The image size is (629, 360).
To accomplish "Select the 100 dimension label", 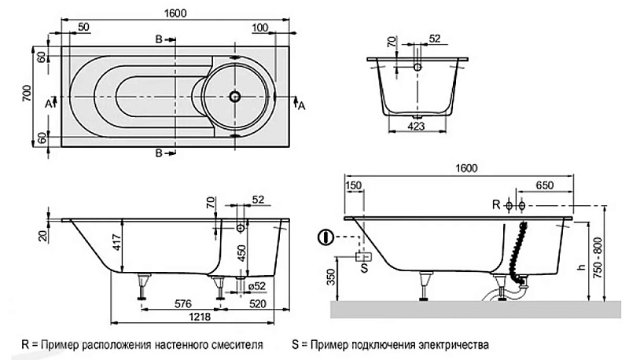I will click(258, 27).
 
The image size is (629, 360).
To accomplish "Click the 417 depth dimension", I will click(116, 244).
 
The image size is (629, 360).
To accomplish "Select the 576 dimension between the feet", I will click(182, 303).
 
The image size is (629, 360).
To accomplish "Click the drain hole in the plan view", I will click(234, 97).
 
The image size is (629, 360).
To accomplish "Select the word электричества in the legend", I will click(456, 344).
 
